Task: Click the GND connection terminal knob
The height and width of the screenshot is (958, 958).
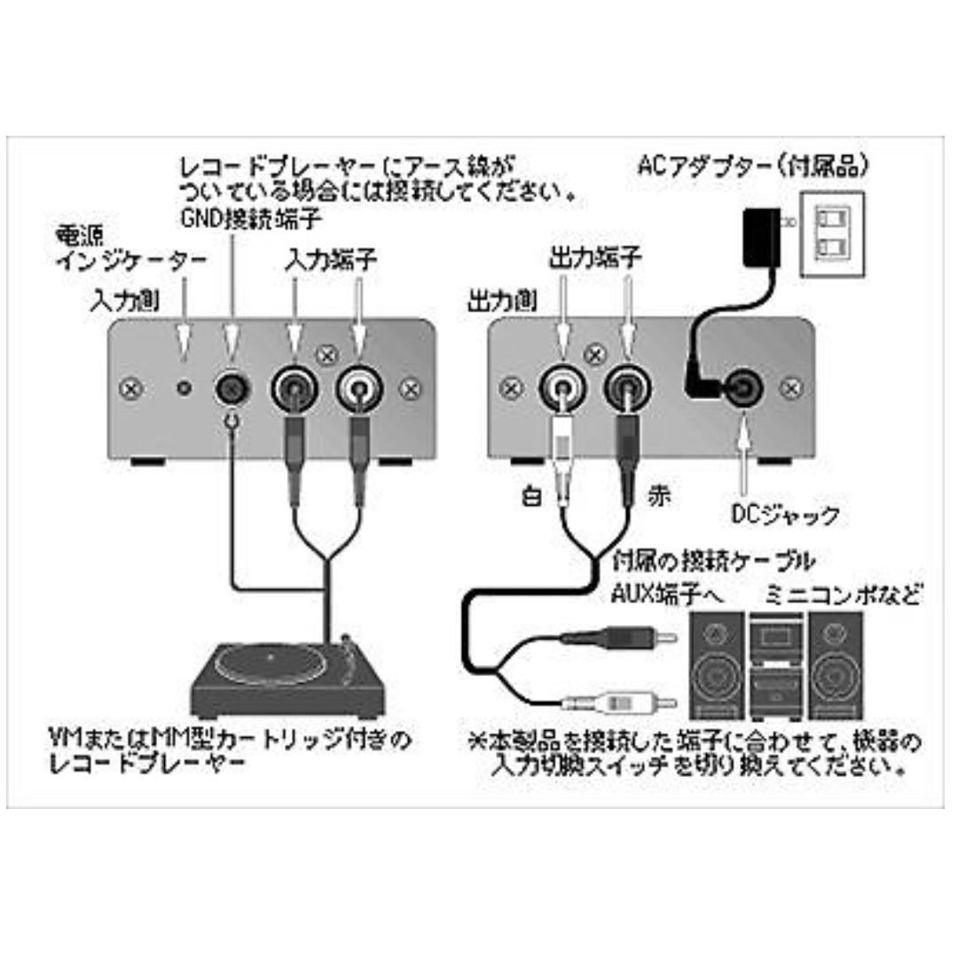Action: tap(232, 388)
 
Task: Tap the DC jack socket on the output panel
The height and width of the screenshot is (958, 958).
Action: tap(740, 388)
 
